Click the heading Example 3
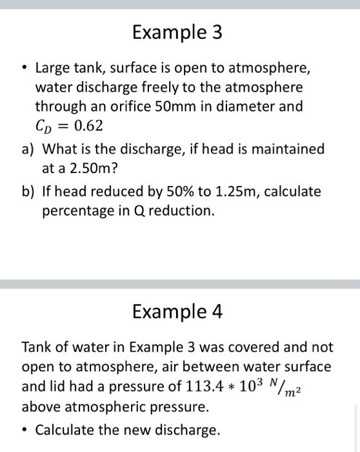tap(177, 32)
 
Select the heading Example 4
tap(177, 312)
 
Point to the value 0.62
tap(88, 125)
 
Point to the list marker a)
tap(28, 149)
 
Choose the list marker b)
tap(28, 192)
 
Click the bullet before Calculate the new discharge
tap(25, 429)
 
